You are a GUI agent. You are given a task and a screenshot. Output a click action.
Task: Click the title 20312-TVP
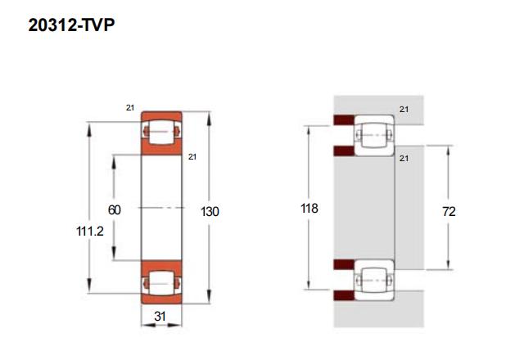point(70,25)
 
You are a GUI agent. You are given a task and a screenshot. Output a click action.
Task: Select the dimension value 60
point(115,210)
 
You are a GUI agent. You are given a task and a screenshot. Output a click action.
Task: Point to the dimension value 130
point(210,211)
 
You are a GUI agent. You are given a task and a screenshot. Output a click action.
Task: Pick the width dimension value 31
point(160,317)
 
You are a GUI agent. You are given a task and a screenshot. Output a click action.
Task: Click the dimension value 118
point(309,209)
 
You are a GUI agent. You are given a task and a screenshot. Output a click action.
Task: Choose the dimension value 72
point(449,211)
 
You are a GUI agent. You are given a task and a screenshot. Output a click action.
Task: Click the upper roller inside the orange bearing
point(160,131)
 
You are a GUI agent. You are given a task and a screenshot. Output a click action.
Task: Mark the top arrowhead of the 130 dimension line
point(210,115)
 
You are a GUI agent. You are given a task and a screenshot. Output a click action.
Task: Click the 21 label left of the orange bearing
point(130,107)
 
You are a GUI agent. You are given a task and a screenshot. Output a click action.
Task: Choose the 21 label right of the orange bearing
point(193,156)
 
